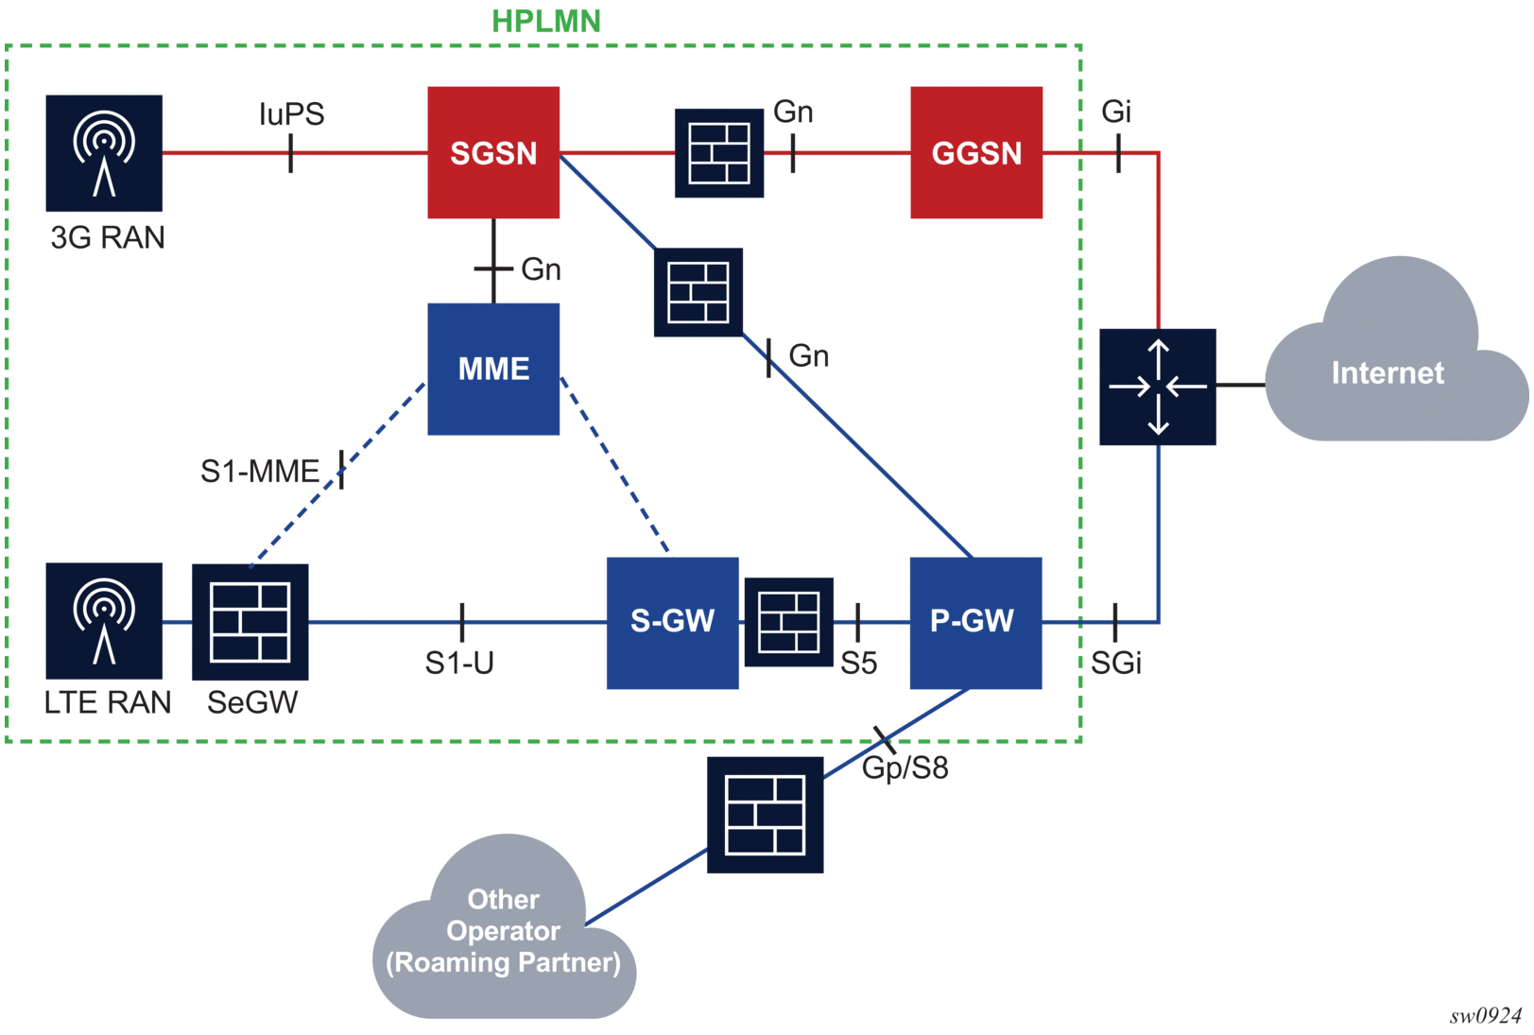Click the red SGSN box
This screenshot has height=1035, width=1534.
(493, 152)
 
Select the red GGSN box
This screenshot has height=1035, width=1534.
(976, 152)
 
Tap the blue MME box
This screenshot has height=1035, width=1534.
(493, 369)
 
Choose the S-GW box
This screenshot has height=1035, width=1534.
(672, 622)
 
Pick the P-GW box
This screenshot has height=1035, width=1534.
(975, 622)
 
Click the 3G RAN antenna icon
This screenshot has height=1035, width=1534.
(104, 153)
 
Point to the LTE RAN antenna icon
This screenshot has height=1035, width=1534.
(104, 620)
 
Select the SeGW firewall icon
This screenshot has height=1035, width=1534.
(250, 622)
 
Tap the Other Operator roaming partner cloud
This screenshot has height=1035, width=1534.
(504, 931)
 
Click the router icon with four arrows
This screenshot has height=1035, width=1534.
(1158, 387)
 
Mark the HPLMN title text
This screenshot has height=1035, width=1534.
(546, 21)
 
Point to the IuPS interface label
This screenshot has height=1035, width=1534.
(291, 114)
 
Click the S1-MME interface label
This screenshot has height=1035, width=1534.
(260, 471)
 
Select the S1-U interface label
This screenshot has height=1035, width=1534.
(459, 664)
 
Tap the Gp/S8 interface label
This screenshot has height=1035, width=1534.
(905, 768)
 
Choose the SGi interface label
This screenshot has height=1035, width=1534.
(1116, 664)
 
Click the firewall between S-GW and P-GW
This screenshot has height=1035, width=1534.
(789, 622)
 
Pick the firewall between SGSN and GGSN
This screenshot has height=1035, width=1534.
(719, 153)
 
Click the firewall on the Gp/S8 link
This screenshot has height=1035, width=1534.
(766, 815)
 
